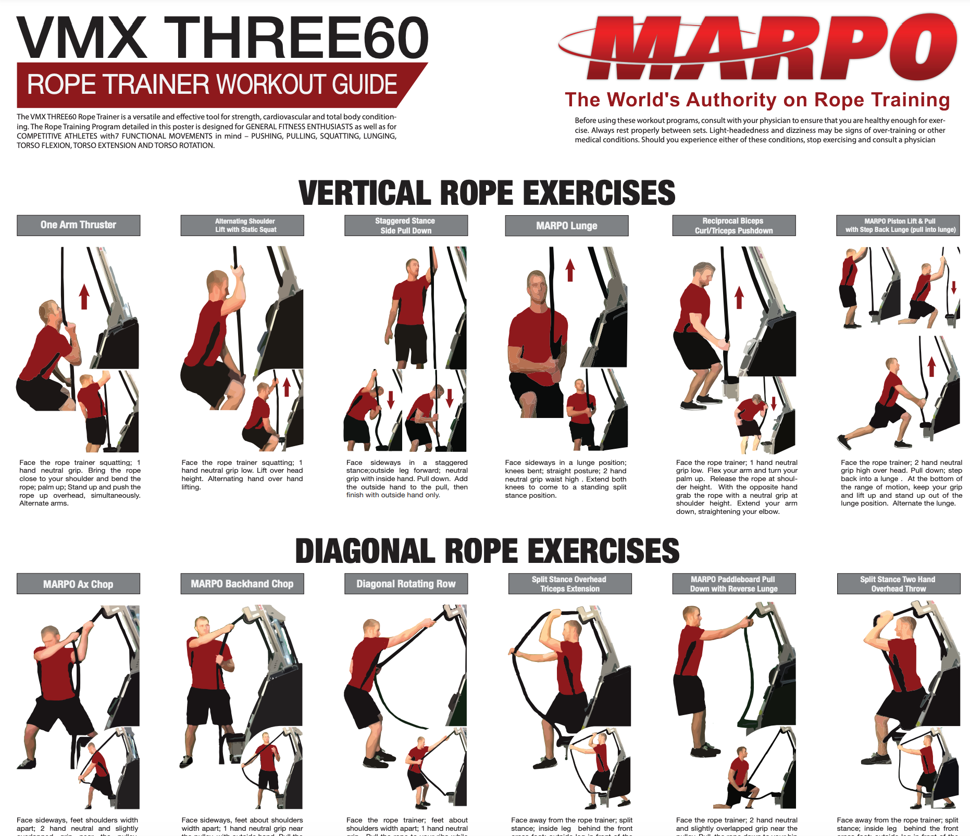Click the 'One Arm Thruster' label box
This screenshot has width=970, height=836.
click(x=79, y=225)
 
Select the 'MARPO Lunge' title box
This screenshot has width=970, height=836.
click(x=567, y=226)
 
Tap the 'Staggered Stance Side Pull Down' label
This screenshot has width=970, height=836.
click(x=406, y=226)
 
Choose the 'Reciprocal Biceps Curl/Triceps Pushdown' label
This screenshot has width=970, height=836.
click(x=733, y=226)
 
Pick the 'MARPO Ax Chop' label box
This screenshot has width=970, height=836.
click(x=78, y=584)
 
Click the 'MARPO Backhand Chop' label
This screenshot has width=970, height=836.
click(x=242, y=584)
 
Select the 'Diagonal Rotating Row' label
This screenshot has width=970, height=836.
click(x=406, y=584)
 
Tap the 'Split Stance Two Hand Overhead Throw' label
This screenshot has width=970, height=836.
click(x=898, y=584)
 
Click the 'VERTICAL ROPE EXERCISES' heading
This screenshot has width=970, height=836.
click(x=487, y=192)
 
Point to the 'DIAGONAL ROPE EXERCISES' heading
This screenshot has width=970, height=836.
click(x=487, y=551)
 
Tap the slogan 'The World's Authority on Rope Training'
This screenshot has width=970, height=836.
click(x=757, y=100)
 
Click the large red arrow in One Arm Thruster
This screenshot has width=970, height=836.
click(x=84, y=296)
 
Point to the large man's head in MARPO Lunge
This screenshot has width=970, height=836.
click(x=537, y=287)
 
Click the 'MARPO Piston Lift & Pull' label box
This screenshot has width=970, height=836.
click(x=898, y=226)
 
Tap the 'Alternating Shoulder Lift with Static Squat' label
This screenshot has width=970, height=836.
click(x=242, y=226)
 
